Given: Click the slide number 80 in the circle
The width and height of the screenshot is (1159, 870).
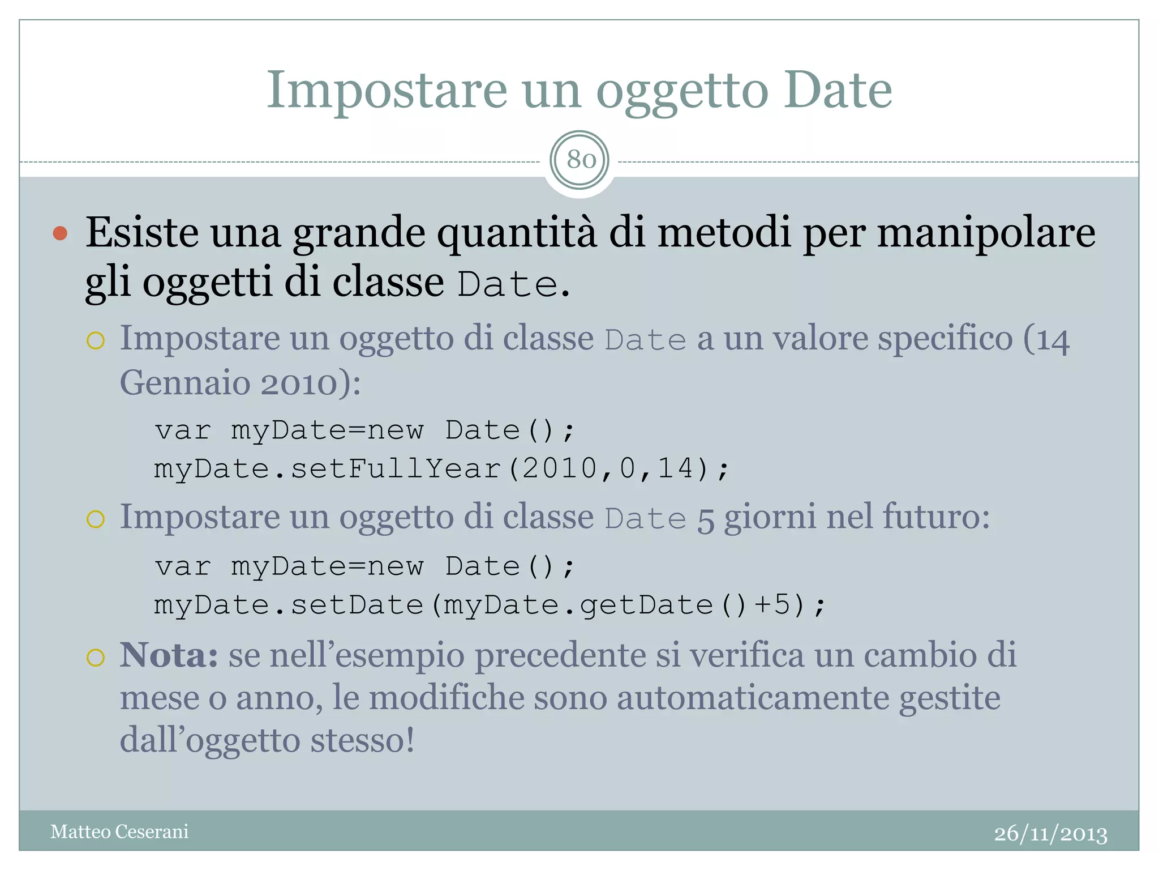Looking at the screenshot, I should [580, 160].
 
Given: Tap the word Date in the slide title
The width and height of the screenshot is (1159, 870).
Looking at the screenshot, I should [838, 91].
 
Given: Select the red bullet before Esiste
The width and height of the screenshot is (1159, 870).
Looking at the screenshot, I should [61, 233].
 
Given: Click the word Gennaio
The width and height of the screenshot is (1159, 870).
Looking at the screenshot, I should [185, 383].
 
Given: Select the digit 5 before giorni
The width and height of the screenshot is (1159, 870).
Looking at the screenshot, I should [706, 519].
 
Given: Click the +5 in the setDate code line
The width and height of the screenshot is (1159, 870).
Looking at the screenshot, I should [772, 605].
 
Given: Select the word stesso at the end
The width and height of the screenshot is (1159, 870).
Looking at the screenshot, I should [362, 740].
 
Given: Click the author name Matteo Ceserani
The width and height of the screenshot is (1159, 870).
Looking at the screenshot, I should [119, 831].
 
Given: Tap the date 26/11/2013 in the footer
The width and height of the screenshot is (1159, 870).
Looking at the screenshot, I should [1050, 834].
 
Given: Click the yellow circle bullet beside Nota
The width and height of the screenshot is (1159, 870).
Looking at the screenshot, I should [96, 658].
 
